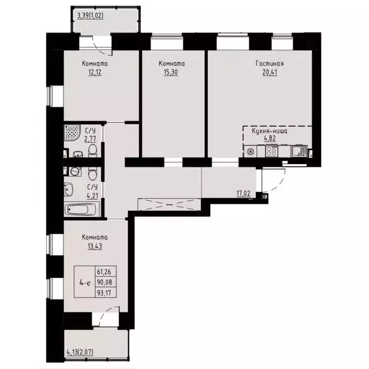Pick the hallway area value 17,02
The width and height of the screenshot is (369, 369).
pyautogui.click(x=244, y=192)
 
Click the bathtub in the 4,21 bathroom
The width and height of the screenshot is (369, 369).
pyautogui.click(x=81, y=209)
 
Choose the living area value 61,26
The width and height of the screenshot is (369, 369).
pyautogui.click(x=105, y=271)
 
